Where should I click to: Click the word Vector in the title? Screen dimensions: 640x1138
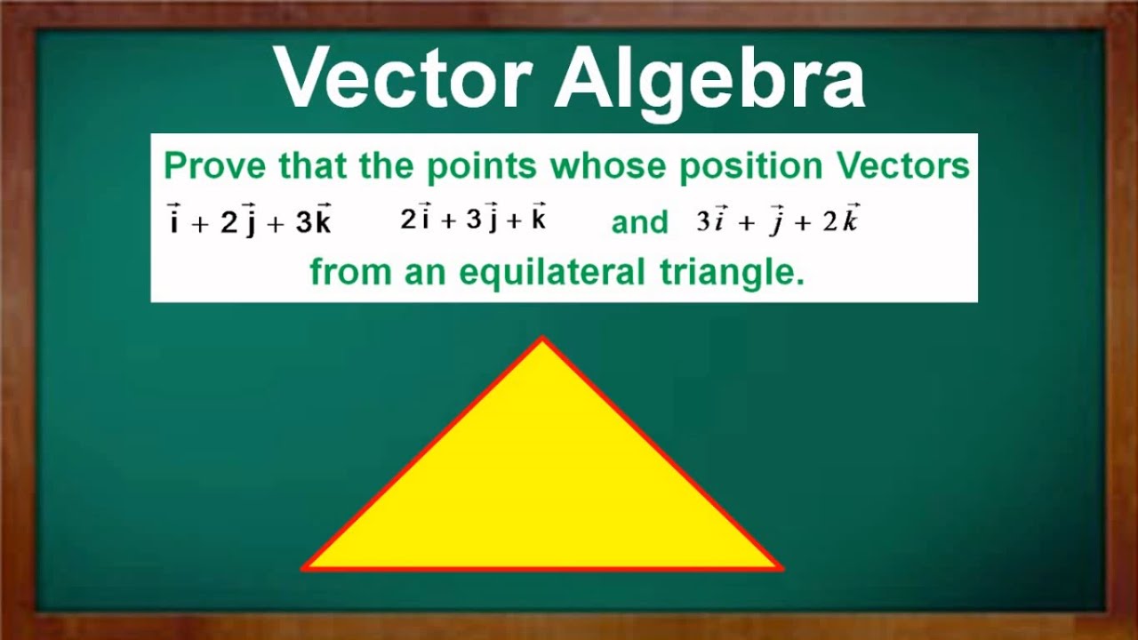pos(404,78)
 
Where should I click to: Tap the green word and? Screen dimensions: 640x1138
pos(639,222)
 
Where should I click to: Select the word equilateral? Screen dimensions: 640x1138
pos(551,272)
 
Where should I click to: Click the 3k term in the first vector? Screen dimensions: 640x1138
pos(313,222)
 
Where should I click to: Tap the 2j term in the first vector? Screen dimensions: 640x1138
pos(238,222)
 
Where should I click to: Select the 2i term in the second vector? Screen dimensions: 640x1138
pos(415,220)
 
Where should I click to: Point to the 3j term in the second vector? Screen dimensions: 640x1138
pos(481,220)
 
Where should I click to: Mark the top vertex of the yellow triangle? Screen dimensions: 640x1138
pos(542,339)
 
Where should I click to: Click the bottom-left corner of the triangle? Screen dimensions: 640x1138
pos(305,566)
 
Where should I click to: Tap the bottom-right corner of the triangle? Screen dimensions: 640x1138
pos(780,566)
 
